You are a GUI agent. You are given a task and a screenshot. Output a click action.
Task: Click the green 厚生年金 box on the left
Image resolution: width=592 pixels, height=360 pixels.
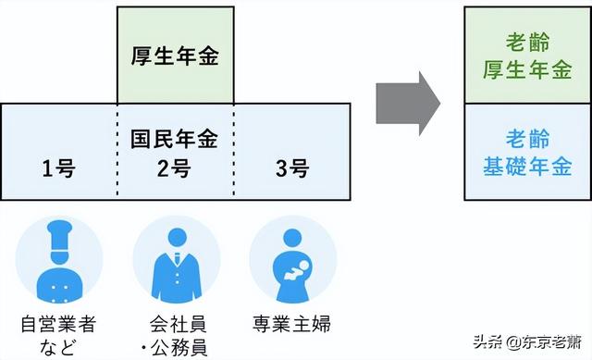click(175, 55)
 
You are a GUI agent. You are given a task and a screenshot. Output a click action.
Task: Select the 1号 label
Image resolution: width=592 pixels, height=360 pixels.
click(58, 168)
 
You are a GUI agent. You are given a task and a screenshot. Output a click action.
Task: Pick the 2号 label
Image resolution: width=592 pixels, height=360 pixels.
click(175, 168)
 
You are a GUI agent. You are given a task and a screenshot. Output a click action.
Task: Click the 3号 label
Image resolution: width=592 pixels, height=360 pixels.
click(291, 168)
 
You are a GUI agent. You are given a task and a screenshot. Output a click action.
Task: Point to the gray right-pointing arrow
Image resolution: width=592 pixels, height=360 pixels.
click(408, 98)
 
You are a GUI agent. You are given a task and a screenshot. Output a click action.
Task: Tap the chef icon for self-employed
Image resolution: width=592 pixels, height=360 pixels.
click(59, 262)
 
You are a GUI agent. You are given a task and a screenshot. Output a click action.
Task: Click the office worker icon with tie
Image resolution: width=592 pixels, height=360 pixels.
click(176, 262)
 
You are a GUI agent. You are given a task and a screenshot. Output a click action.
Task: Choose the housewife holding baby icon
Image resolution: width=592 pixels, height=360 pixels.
click(292, 262)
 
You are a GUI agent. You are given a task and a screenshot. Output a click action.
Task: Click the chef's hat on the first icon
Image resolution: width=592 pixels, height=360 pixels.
click(59, 232)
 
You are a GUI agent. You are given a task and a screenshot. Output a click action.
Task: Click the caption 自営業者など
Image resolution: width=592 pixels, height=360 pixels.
click(59, 335)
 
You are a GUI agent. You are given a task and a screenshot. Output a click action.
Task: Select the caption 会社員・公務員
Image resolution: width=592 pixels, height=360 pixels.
click(176, 335)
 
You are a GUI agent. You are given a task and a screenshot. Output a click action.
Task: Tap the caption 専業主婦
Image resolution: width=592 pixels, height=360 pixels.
click(292, 325)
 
